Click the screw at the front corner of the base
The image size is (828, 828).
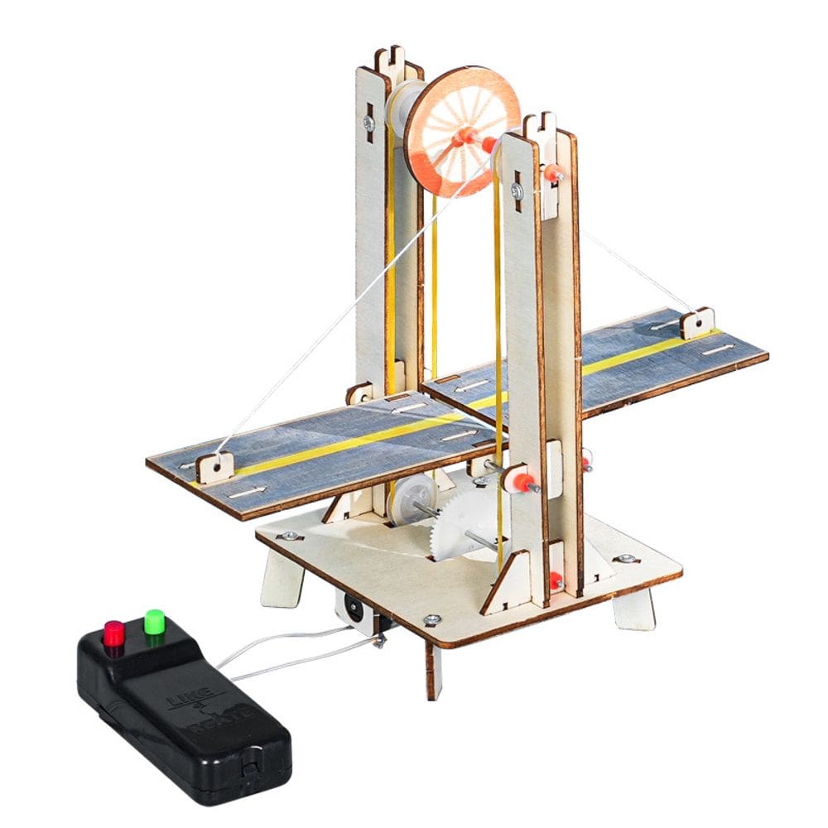click(431, 619)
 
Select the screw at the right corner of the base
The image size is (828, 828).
click(626, 559)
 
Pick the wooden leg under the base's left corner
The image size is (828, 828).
click(282, 580)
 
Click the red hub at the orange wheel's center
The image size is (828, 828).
click(464, 137)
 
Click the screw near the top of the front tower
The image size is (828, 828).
click(517, 191)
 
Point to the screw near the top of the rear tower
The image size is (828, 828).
click(368, 123)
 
